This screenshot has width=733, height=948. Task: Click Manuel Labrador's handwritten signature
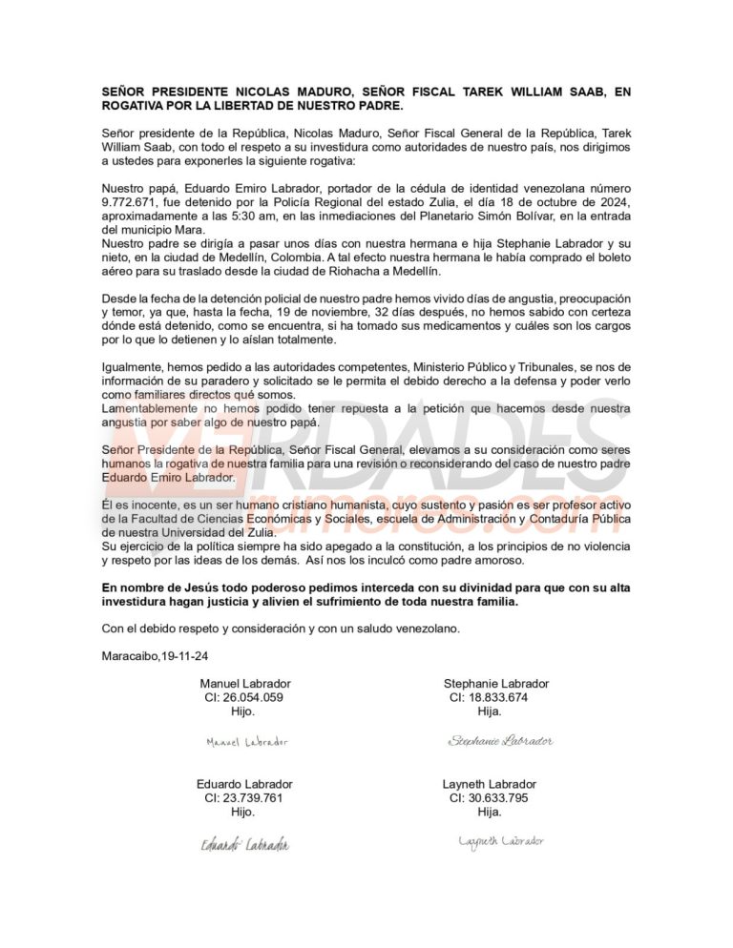pyautogui.click(x=247, y=741)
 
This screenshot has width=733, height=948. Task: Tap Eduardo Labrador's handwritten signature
pyautogui.click(x=245, y=844)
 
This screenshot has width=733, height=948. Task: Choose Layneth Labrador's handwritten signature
pyautogui.click(x=501, y=841)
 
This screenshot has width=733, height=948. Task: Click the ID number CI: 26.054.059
pyautogui.click(x=244, y=697)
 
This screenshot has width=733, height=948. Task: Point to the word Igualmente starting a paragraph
pyautogui.click(x=133, y=367)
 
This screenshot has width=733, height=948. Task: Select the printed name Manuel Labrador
pyautogui.click(x=245, y=684)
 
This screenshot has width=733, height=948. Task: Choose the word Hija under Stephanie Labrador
pyautogui.click(x=490, y=711)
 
